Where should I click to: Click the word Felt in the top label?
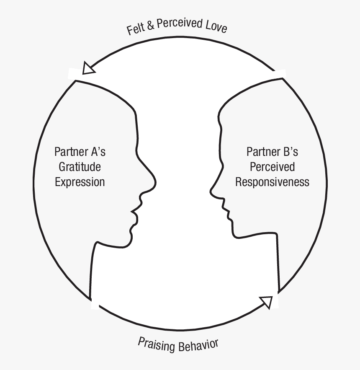tap(135, 30)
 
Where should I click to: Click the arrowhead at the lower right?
tap(267, 302)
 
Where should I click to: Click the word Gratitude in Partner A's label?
tap(80, 166)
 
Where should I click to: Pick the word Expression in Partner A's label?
tap(80, 182)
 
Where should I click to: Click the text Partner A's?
tap(80, 151)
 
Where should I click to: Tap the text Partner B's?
tap(272, 151)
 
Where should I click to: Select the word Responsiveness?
tap(272, 182)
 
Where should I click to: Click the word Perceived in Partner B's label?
tap(272, 166)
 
